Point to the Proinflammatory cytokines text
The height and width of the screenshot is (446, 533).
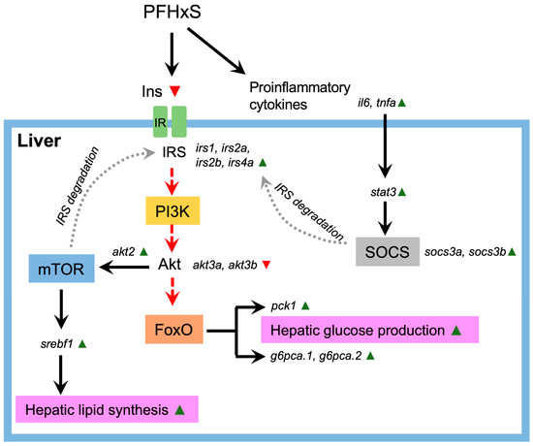(x=284, y=94)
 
